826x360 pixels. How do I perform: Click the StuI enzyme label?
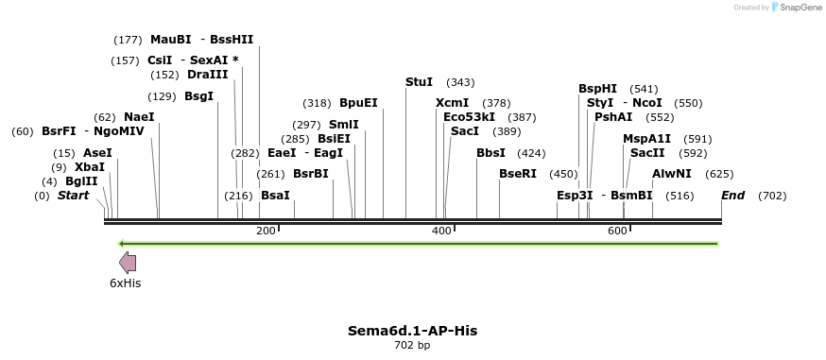point(419,82)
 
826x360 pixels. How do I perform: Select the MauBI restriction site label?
point(171,40)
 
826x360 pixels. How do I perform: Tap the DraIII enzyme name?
point(207,75)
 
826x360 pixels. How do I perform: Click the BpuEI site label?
point(358,103)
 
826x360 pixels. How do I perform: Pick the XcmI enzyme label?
point(452,103)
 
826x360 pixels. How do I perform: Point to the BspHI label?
point(597,89)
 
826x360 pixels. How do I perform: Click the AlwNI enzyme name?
point(672,174)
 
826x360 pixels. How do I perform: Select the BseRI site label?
point(517,174)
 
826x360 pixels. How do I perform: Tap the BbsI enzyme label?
point(490,153)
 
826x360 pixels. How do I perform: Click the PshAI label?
point(613,117)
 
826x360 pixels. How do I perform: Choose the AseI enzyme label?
point(97,153)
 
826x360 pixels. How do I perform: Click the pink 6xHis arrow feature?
point(128,263)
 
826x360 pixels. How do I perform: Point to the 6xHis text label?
point(125,283)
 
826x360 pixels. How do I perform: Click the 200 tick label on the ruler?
point(266,231)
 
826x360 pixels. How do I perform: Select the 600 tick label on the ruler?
point(617,231)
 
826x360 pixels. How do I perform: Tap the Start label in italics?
point(74,196)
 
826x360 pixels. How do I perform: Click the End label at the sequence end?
point(732,196)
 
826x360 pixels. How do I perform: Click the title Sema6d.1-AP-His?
point(412,331)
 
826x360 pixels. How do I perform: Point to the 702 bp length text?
point(412,345)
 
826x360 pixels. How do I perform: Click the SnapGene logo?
point(797,8)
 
